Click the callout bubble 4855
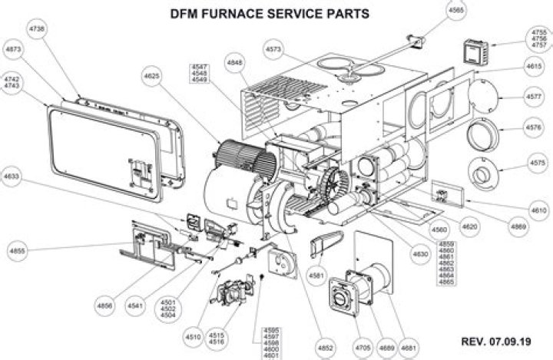(17, 251)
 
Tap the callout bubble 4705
(363, 348)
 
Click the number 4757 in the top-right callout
(539, 45)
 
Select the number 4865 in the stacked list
(446, 282)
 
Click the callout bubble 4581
(316, 275)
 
